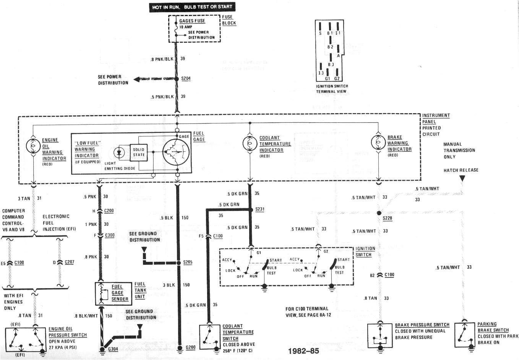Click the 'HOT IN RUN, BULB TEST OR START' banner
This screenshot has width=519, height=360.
tap(192, 7)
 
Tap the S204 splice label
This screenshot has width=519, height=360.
tap(186, 79)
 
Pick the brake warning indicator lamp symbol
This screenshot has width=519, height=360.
tap(378, 143)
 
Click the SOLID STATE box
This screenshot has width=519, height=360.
tap(139, 152)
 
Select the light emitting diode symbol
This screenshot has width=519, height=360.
tap(120, 152)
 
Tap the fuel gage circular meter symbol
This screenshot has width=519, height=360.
tap(177, 152)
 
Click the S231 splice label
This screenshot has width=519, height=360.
tap(260, 209)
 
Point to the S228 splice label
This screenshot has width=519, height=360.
tap(387, 218)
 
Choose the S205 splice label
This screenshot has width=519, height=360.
tap(188, 263)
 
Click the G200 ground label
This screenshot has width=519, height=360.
tap(190, 347)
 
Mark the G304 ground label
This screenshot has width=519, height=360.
tap(113, 349)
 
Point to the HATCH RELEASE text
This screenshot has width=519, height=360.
tap(461, 170)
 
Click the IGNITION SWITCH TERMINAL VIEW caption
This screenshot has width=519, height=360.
tap(331, 89)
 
